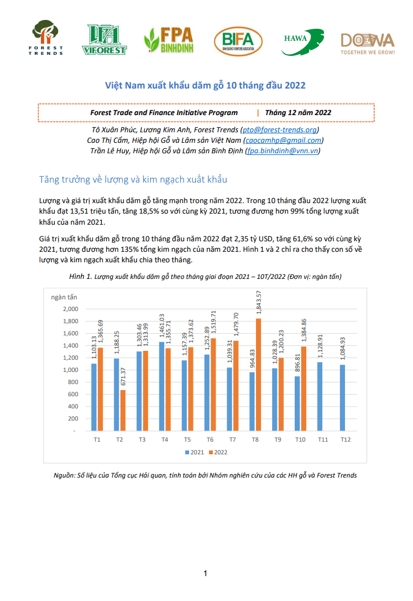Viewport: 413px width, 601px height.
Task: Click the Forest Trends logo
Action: [45, 38]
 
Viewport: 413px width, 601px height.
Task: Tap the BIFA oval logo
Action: [238, 42]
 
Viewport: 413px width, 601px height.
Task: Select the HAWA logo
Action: [303, 42]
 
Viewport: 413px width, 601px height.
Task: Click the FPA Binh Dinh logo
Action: [169, 40]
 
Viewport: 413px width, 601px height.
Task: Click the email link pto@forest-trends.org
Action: [280, 130]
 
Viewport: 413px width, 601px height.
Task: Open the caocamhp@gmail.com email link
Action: [283, 140]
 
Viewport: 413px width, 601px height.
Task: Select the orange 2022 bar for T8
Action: [259, 375]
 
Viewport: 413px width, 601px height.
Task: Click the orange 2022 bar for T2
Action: [123, 411]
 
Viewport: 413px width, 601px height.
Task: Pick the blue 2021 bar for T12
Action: [343, 398]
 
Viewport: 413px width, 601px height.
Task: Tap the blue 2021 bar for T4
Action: [162, 386]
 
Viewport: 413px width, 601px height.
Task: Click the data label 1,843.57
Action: [259, 302]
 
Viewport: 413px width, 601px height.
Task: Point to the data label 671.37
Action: [123, 377]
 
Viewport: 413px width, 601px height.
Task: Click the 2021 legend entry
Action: [195, 452]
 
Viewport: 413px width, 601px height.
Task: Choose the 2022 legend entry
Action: [218, 452]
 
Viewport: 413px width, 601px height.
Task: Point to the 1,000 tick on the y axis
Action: [70, 370]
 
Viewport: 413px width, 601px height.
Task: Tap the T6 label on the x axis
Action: [210, 439]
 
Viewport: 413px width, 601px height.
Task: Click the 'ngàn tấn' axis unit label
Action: [64, 297]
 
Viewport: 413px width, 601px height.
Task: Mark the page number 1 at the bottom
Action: [206, 573]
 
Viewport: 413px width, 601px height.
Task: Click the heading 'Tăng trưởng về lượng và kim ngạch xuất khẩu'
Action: [133, 179]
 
